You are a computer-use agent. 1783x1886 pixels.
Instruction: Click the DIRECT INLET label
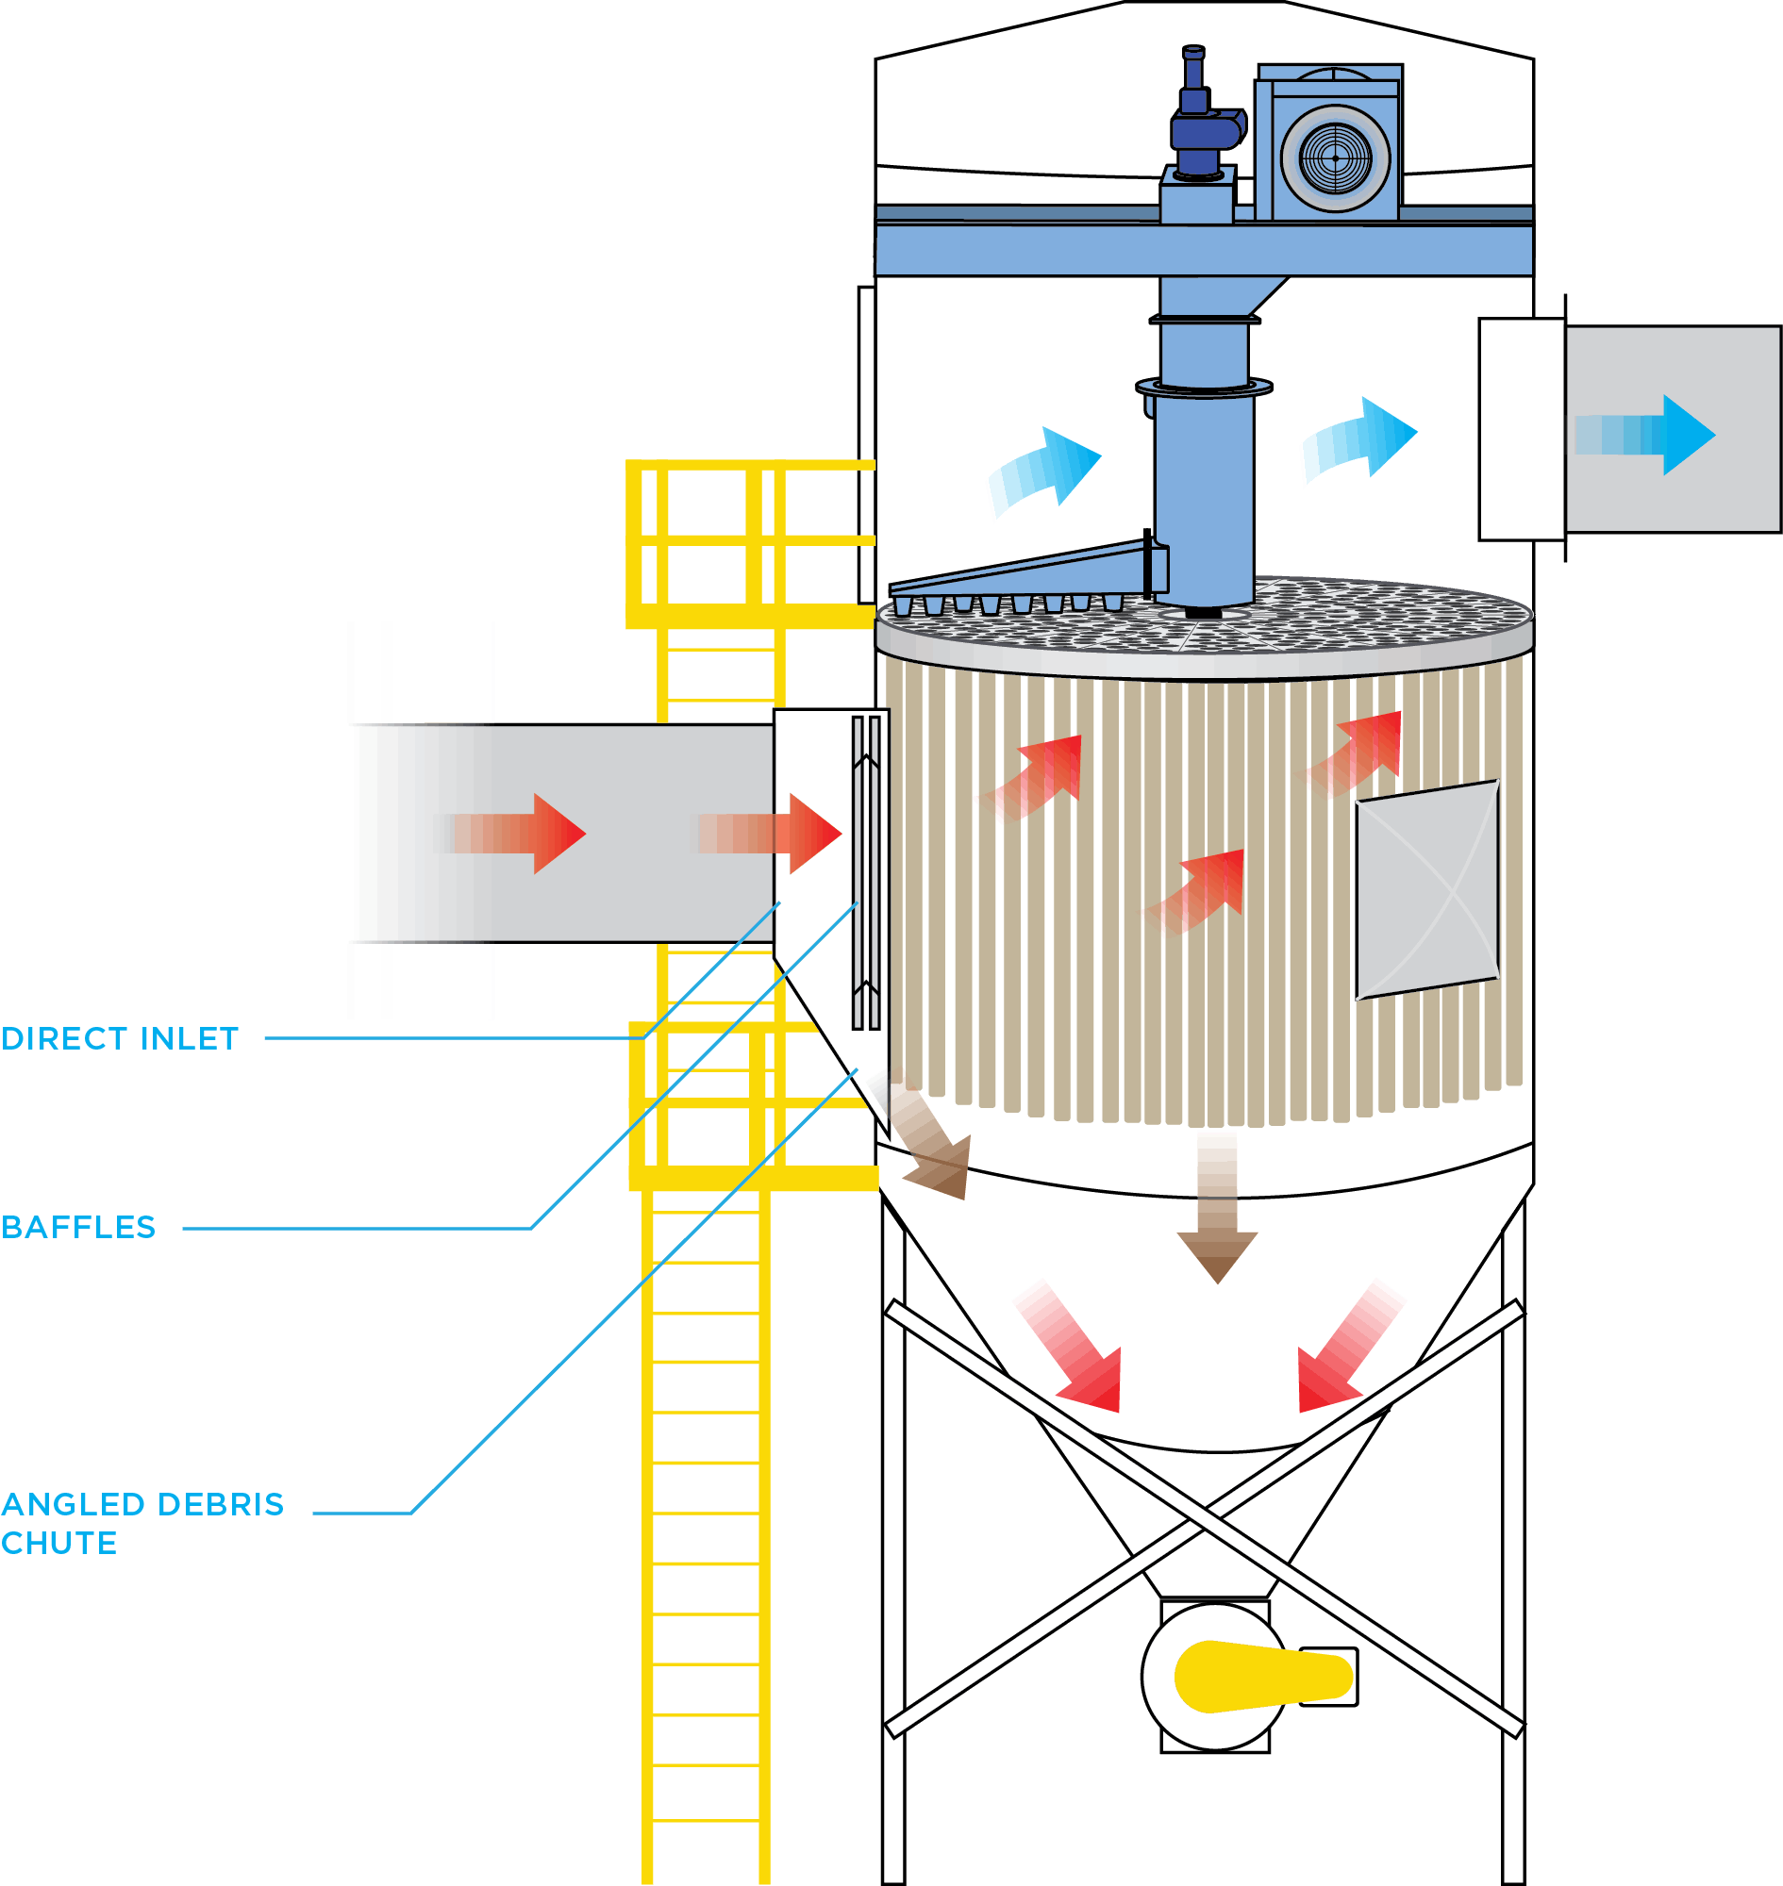tap(120, 1039)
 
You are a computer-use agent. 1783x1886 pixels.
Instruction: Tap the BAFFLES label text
tap(79, 1228)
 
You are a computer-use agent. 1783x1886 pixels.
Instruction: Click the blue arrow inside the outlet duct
tap(1645, 435)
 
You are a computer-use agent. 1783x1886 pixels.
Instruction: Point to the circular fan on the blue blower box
tap(1335, 157)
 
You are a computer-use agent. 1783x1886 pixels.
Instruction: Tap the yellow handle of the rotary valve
tap(1262, 1677)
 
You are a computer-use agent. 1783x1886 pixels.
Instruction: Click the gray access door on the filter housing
tap(1426, 890)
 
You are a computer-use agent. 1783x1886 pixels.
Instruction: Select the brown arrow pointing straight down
tap(1218, 1208)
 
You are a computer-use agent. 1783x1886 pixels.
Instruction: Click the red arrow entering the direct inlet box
tap(770, 834)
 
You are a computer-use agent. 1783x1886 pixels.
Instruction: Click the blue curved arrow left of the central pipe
tap(1045, 471)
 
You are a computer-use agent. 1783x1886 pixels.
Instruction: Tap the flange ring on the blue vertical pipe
tap(1204, 387)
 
